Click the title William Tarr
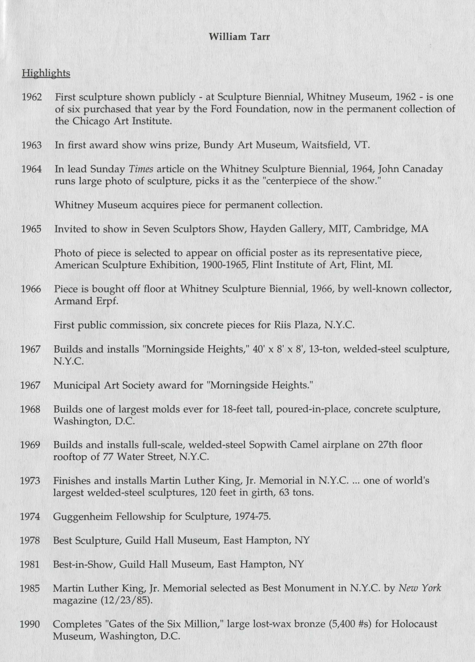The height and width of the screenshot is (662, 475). point(239,37)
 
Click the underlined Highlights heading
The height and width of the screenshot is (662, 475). point(46,73)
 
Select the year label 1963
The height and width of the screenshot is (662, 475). point(31,145)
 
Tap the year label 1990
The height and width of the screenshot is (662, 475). point(30,624)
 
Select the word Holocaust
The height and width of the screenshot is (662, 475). point(414,624)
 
